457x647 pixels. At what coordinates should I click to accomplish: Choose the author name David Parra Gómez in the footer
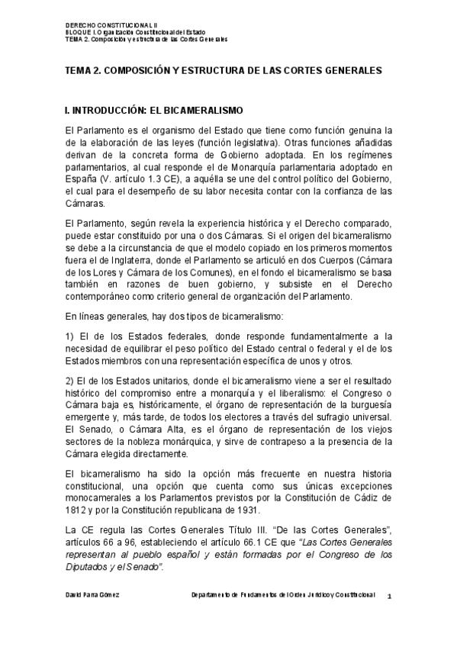click(92, 592)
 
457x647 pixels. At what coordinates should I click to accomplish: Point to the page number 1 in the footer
click(388, 594)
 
